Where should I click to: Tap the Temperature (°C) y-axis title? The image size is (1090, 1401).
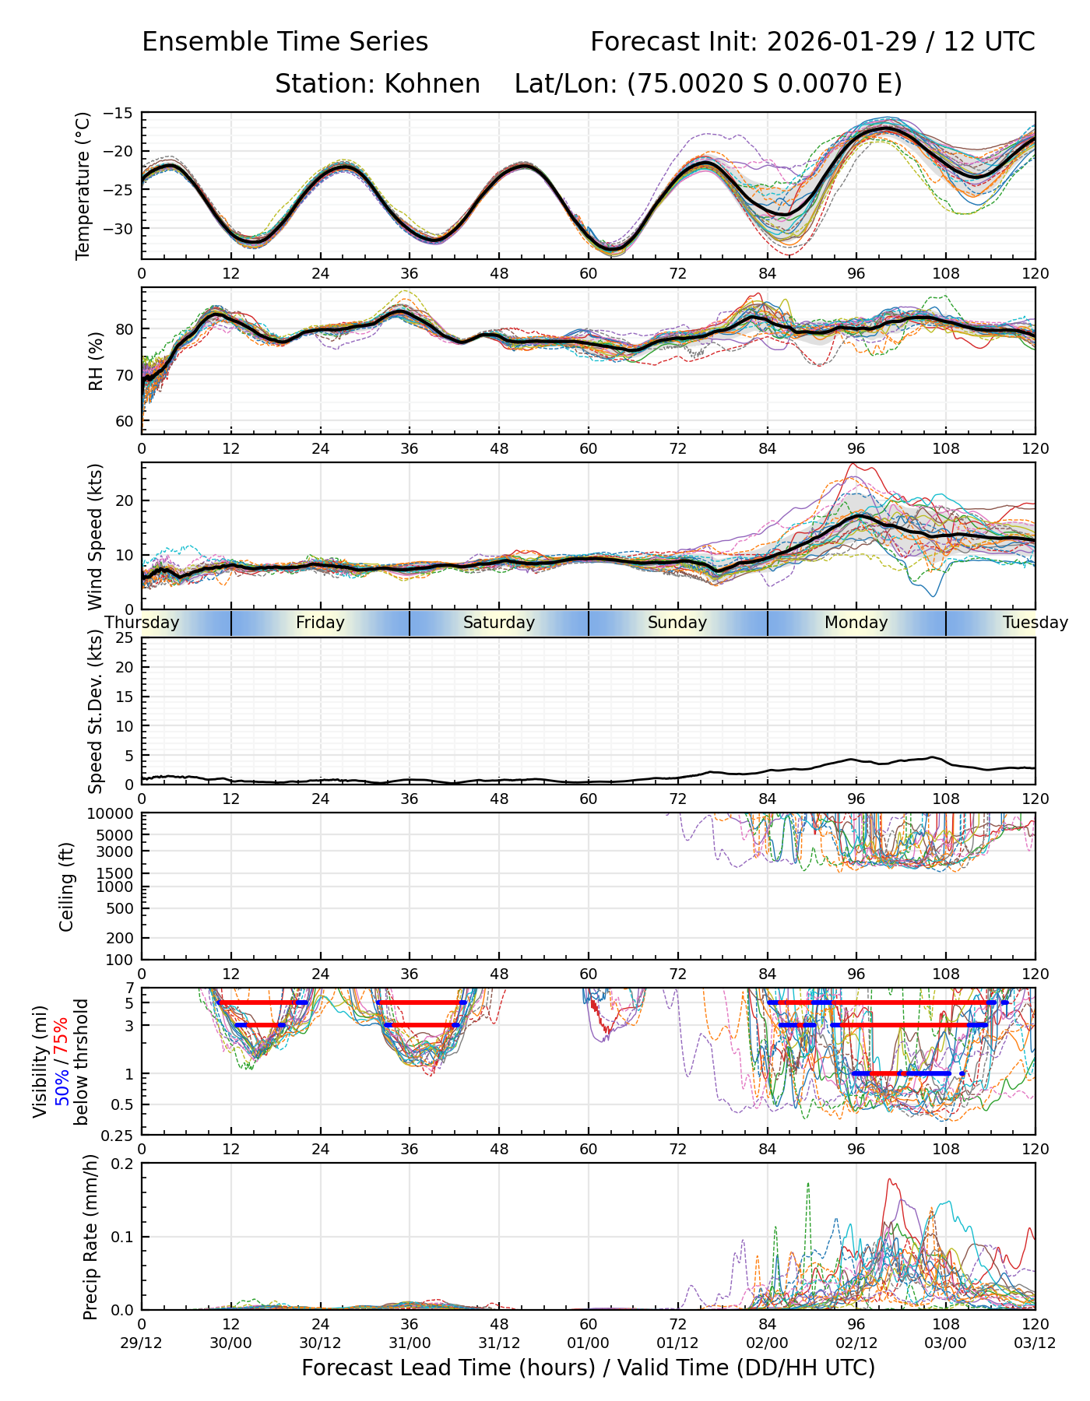pos(83,185)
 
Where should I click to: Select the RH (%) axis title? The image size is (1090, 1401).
pos(96,361)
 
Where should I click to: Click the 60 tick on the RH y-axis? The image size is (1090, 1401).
pos(125,421)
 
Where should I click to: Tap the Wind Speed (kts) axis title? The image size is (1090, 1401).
pos(96,536)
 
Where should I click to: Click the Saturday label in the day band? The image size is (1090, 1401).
pos(498,623)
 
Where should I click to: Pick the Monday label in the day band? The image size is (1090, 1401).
pos(856,623)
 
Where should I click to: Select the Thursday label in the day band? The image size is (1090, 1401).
pos(142,623)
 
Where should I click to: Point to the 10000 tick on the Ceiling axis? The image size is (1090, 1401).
pos(113,813)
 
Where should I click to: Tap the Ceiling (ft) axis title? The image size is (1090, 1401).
pos(68,887)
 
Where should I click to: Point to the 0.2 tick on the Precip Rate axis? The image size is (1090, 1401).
pos(123,1164)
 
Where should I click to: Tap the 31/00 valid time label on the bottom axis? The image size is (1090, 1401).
pos(410,1344)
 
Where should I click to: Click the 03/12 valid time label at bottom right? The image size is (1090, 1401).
pos(1035,1344)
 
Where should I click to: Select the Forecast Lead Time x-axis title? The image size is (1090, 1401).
pos(588,1368)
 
